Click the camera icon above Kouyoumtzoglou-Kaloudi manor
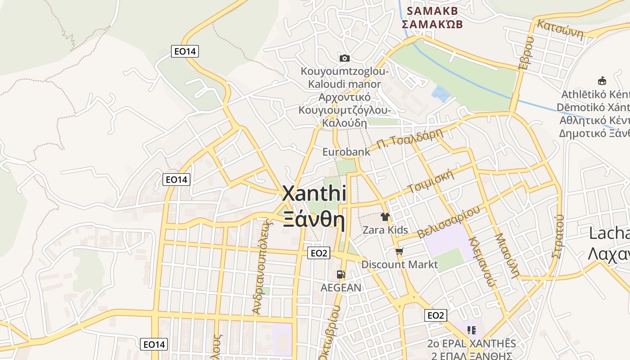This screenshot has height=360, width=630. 345,58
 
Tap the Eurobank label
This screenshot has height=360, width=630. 346,152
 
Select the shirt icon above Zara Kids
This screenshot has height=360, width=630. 385,217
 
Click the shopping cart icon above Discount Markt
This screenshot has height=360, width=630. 399,251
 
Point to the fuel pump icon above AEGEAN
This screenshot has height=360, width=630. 341,274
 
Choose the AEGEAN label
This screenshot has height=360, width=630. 341,288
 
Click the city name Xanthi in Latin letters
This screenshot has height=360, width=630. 314,193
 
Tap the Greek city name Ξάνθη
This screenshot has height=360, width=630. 314,220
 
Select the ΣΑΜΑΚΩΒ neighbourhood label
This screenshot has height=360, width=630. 432,24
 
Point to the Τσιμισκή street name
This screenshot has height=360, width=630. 431,181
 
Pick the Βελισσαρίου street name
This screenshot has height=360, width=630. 449,222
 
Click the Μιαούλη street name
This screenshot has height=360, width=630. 508,255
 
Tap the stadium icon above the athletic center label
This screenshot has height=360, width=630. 602,81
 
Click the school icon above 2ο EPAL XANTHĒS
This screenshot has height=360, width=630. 471,330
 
